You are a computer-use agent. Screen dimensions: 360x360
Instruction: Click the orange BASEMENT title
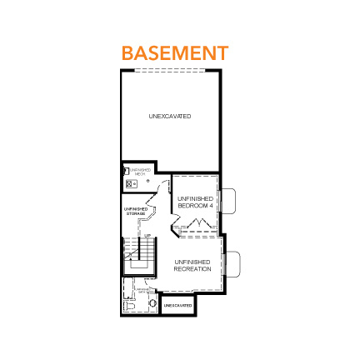174,52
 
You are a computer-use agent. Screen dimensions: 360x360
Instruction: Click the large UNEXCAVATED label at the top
170,116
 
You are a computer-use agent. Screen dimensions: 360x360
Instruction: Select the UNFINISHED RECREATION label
192,266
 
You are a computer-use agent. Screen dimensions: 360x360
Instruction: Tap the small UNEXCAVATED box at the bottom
177,305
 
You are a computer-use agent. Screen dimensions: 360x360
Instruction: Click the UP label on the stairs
147,236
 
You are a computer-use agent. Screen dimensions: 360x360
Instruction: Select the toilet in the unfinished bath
127,306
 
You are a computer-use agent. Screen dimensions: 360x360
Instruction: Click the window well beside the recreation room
232,263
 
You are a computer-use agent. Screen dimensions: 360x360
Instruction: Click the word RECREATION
192,269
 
